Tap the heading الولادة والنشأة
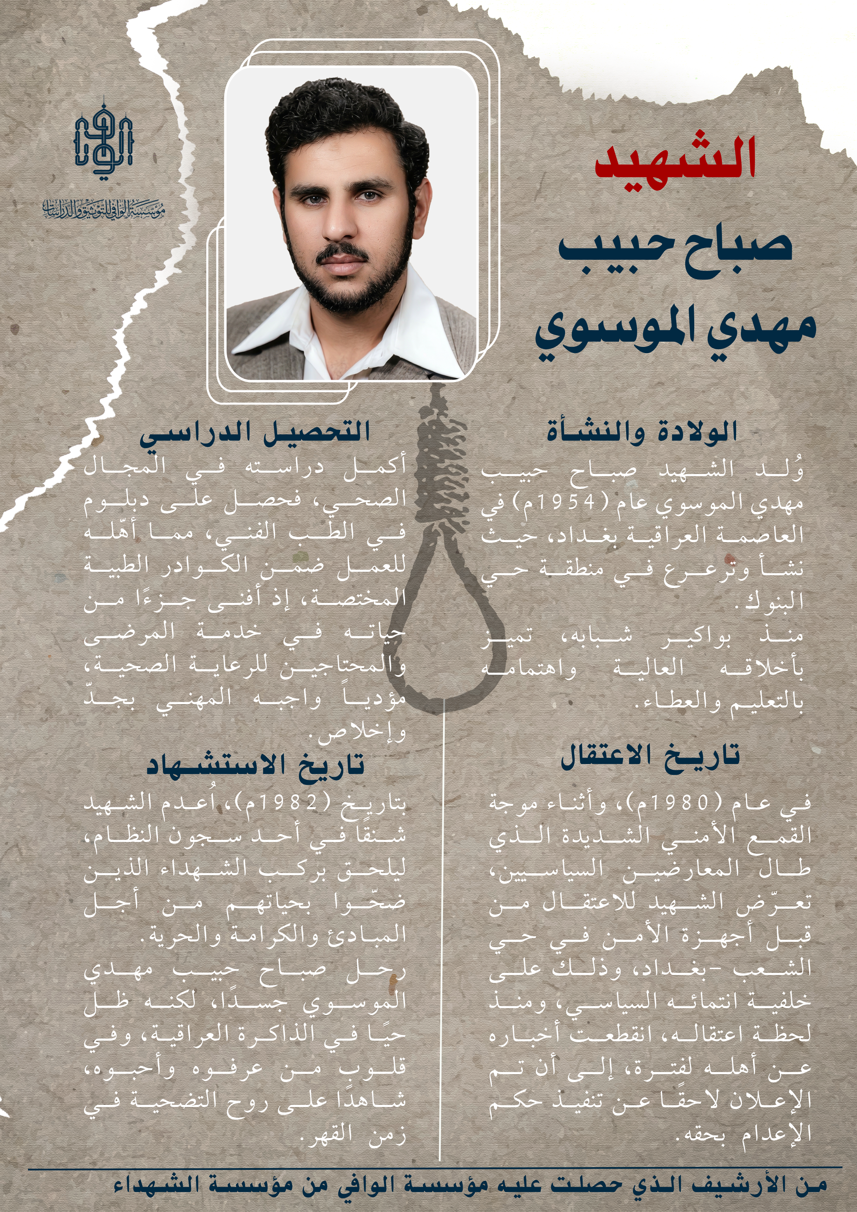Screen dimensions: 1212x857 642,432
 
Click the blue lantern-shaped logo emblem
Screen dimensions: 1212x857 103,140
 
